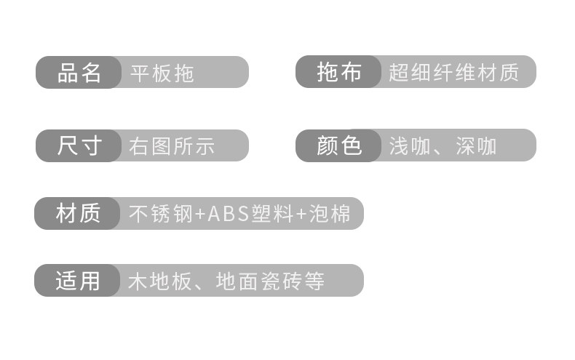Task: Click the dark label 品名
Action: point(79,72)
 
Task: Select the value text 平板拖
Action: point(162,73)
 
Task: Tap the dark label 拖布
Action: point(338,72)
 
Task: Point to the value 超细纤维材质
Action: point(453,73)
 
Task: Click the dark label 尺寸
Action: point(79,145)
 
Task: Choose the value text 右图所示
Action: point(172,145)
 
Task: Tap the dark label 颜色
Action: point(338,145)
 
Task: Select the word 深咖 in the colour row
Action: point(476,145)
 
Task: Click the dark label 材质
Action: point(77,214)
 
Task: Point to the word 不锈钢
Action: point(161,214)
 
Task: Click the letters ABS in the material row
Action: point(229,214)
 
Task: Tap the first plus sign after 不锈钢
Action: point(200,215)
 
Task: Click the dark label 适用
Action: point(77,281)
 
